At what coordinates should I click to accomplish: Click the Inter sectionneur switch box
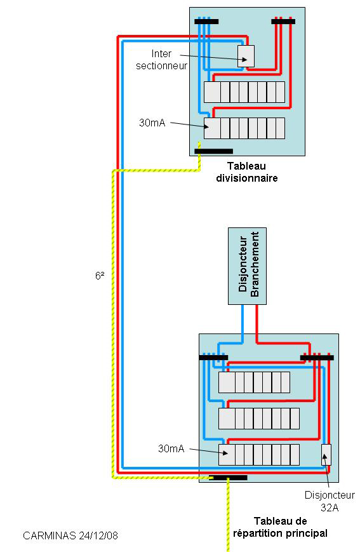(x=246, y=56)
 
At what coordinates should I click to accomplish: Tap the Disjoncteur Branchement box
(x=247, y=266)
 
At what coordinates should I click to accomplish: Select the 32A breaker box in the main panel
(x=326, y=454)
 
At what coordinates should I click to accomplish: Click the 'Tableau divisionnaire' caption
(x=247, y=172)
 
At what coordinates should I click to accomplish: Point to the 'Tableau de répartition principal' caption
(x=280, y=527)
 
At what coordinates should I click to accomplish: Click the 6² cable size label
(x=100, y=276)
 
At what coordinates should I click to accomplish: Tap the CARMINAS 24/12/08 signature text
(x=70, y=535)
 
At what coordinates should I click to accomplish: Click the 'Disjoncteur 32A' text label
(x=330, y=501)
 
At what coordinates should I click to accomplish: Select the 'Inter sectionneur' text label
(x=161, y=60)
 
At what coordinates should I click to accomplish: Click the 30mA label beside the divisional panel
(x=152, y=123)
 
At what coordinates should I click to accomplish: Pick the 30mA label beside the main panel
(x=171, y=448)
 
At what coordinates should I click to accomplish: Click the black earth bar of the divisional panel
(x=213, y=151)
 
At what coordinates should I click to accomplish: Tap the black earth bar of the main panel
(x=228, y=478)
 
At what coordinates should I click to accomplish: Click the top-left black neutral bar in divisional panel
(x=206, y=22)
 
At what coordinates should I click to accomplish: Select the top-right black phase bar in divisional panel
(x=283, y=22)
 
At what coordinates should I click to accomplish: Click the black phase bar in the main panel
(x=317, y=358)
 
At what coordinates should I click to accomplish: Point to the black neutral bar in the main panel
(x=213, y=358)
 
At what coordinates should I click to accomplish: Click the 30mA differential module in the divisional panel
(x=212, y=128)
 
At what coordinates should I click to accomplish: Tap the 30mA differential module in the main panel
(x=227, y=454)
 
